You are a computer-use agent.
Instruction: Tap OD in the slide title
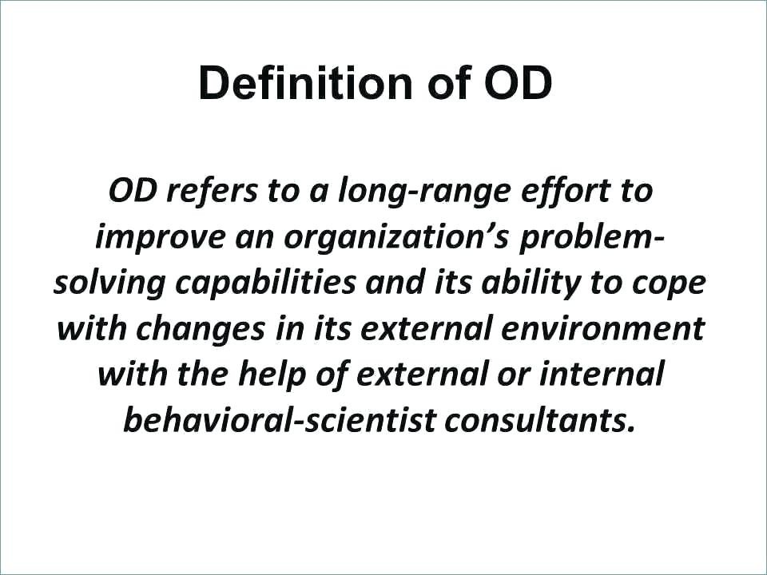[519, 82]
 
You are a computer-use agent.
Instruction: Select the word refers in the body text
[211, 190]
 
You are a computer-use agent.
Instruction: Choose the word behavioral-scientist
[279, 420]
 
